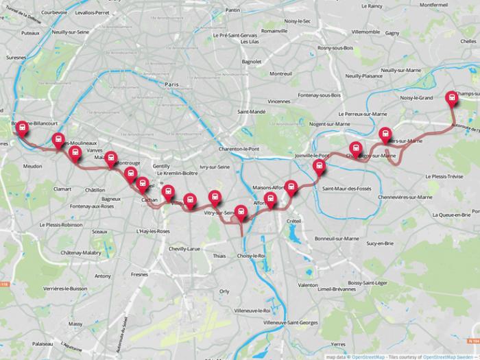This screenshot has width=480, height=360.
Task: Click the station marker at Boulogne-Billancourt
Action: (x=23, y=128)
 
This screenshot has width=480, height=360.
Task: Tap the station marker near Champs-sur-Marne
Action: (x=452, y=98)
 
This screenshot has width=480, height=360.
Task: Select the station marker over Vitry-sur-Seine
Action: (x=215, y=197)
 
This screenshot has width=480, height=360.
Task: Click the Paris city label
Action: (x=171, y=84)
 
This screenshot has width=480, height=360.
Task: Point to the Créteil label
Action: (x=293, y=221)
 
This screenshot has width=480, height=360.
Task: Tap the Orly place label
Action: (x=224, y=291)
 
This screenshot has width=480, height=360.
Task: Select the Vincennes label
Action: (x=279, y=101)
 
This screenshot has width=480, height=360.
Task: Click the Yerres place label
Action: (x=337, y=344)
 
